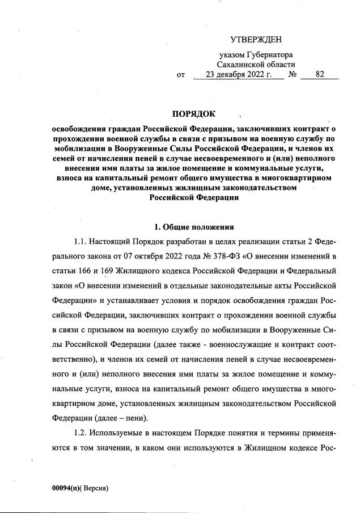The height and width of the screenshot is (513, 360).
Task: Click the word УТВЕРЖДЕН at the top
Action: tap(256, 39)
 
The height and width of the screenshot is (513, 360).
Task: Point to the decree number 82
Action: tap(320, 74)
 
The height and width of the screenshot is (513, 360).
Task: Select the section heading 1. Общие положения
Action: tap(194, 227)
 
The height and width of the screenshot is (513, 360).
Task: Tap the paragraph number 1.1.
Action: tap(83, 242)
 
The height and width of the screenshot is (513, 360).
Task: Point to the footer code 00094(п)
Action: tap(67, 487)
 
